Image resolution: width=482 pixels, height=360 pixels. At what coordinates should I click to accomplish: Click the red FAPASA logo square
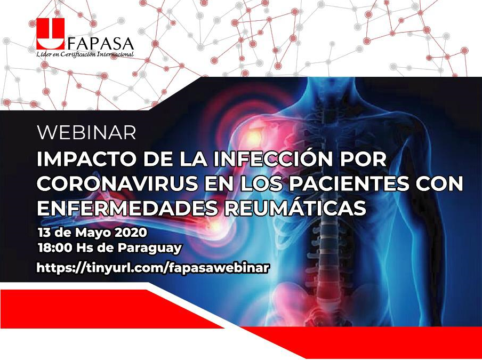[51, 34]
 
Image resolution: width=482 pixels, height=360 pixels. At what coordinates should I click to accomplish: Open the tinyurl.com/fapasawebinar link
[152, 268]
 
